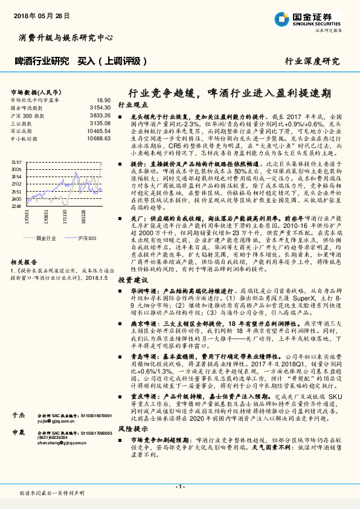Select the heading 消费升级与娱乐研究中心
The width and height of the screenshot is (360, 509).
pos(62,37)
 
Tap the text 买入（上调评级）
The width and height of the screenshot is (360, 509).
pos(114,61)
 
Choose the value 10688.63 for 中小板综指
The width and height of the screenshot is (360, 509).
pos(99,138)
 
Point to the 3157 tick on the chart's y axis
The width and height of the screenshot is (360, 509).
pos(16,163)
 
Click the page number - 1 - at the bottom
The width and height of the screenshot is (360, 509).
pos(179,487)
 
